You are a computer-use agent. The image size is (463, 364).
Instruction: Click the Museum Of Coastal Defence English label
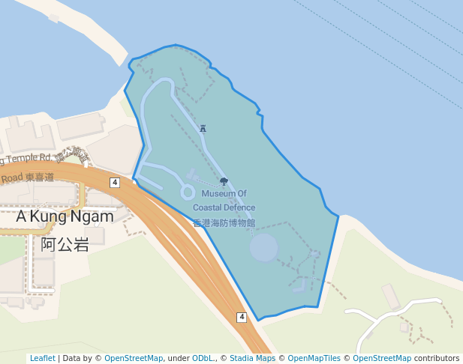coord(224,201)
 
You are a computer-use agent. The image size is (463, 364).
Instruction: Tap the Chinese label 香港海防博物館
coord(224,223)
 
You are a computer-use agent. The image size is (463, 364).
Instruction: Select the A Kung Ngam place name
coord(65,216)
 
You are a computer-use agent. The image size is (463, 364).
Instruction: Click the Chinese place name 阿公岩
coord(65,244)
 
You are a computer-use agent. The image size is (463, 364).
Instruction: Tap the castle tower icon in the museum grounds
coord(203,129)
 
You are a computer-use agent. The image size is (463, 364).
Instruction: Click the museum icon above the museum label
coord(224,182)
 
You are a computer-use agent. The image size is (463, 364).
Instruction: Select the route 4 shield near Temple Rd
coord(114,183)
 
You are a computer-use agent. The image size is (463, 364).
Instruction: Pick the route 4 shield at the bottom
coord(242,318)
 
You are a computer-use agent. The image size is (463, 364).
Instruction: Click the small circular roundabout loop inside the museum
coord(187,192)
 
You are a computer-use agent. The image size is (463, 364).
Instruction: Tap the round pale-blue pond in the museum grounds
coord(264,248)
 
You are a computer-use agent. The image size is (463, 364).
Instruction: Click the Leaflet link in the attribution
coord(42,359)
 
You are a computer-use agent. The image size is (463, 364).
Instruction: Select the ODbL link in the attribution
coord(203,359)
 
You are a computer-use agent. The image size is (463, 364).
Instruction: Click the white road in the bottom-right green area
coord(390,310)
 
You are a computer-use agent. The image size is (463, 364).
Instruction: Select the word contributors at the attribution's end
coord(437,359)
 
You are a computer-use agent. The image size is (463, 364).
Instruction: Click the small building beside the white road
coord(392,296)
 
